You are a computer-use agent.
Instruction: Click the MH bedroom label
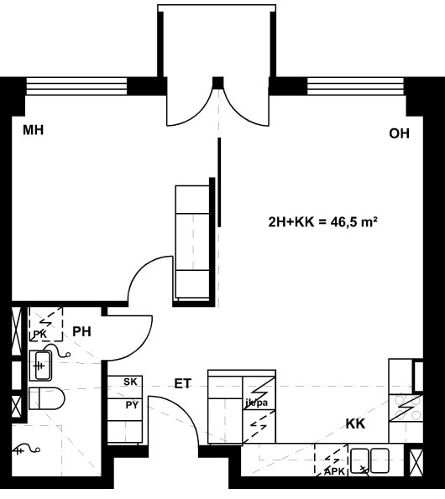[x=33, y=130]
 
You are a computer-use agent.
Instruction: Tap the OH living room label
[x=399, y=133]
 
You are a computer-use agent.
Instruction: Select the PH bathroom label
[x=82, y=331]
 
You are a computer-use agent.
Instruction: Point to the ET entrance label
[x=183, y=383]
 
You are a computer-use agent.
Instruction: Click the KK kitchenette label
[x=355, y=424]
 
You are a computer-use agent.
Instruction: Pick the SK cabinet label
[x=130, y=382]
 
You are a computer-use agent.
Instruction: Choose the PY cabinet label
[x=132, y=405]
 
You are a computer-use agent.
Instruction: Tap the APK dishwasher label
[x=334, y=471]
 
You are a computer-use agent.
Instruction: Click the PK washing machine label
[x=40, y=334]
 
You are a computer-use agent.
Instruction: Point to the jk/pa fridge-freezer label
[x=257, y=403]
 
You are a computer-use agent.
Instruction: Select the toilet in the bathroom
[x=46, y=398]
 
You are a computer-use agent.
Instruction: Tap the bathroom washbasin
[x=40, y=366]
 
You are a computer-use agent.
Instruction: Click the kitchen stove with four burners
[x=406, y=408]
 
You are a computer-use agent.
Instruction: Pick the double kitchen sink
[x=369, y=460]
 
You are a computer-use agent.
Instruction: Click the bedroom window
[x=76, y=86]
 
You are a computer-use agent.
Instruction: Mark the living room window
[x=355, y=86]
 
